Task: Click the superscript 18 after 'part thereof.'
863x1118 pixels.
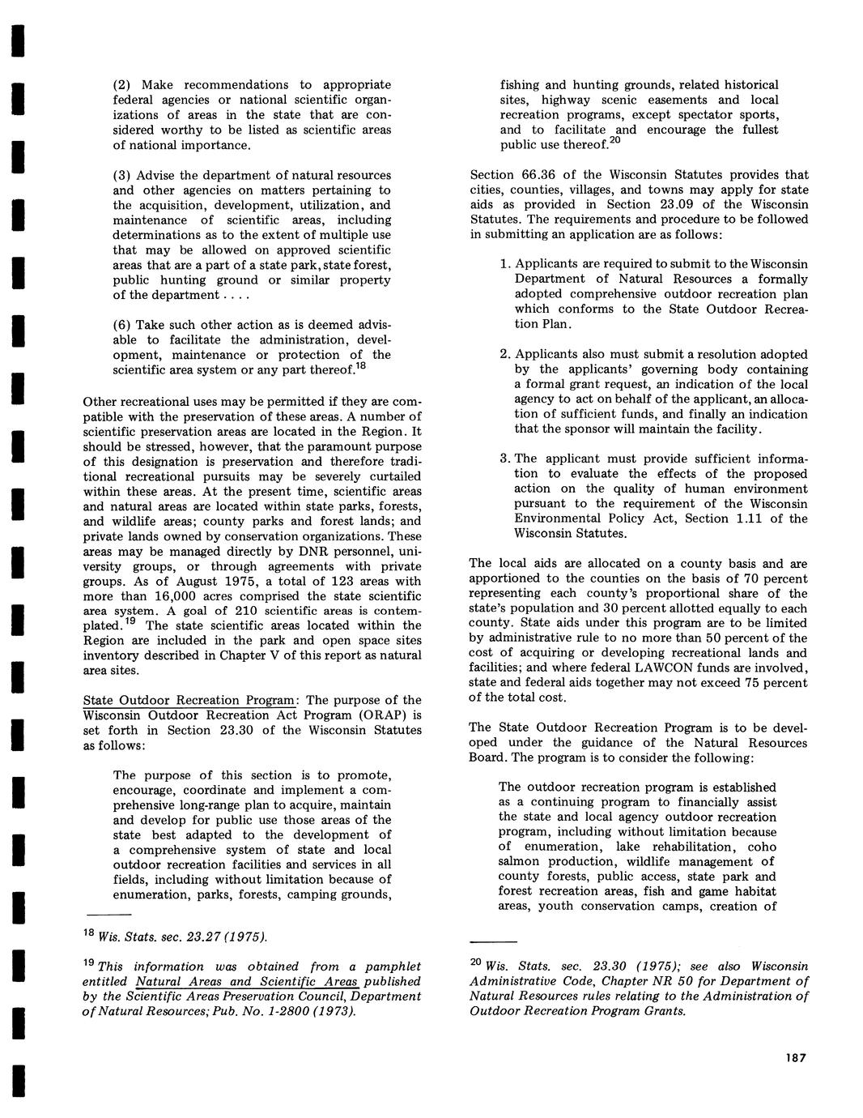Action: [362, 366]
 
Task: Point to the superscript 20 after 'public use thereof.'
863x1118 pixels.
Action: [617, 139]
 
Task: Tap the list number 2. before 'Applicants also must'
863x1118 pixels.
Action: [504, 354]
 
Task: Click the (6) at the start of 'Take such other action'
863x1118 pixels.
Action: [122, 324]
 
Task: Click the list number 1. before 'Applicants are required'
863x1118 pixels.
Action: [504, 264]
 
